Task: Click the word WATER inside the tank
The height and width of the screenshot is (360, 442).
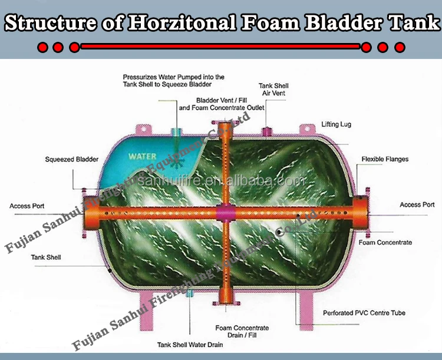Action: pos(143,157)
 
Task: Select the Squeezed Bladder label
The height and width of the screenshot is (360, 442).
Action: pos(72,159)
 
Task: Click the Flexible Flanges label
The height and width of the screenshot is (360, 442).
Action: pos(385,159)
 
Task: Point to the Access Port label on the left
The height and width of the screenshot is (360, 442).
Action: pos(27,206)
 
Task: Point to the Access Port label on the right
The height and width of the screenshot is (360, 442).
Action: pos(417,204)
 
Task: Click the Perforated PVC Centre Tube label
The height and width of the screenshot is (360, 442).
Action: pos(364,312)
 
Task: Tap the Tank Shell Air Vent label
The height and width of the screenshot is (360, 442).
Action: pos(273,90)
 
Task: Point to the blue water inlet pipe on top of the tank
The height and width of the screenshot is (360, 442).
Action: pos(176,131)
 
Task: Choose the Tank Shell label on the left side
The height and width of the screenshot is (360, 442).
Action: pos(46,257)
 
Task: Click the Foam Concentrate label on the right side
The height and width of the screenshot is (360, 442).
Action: pos(385,242)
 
